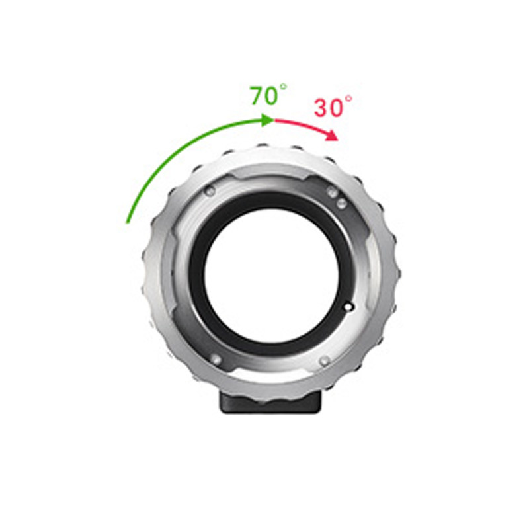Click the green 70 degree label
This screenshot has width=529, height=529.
tap(268, 95)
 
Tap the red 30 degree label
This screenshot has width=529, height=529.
tap(333, 106)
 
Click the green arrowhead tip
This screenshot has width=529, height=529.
tap(274, 120)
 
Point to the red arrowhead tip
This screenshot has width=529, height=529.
tap(338, 140)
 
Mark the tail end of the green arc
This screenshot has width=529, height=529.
tap(127, 222)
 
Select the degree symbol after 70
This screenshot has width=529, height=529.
tap(283, 87)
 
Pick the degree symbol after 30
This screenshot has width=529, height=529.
tap(348, 99)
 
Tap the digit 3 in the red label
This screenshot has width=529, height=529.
tap(322, 108)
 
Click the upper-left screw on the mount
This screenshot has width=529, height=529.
tap(210, 191)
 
